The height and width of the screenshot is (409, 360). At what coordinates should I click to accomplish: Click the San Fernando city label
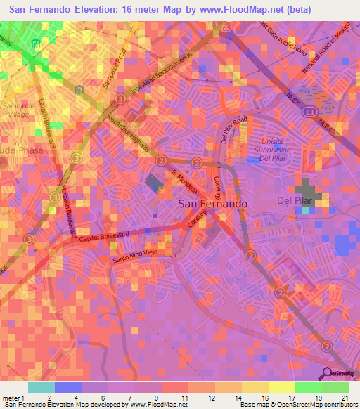coord(212,203)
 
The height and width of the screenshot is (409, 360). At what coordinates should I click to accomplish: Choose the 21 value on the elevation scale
coord(345,398)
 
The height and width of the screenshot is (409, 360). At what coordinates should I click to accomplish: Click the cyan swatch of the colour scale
coord(41,387)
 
